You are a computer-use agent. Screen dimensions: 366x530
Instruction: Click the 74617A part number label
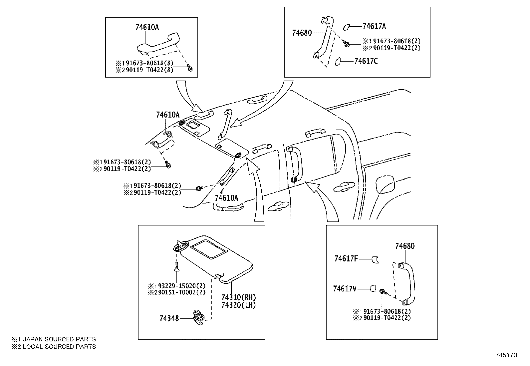coord(374,26)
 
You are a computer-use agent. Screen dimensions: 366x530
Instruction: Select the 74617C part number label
coord(366,61)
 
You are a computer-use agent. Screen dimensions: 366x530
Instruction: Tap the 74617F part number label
coord(346,258)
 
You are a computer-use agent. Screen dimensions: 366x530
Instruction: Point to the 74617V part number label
coord(345,289)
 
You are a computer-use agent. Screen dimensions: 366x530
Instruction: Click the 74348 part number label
coord(169,318)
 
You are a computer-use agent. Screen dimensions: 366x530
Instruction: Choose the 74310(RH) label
coord(238,297)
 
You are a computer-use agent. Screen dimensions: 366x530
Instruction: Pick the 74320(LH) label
coord(238,305)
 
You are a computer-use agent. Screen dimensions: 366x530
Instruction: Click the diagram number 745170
coord(506,355)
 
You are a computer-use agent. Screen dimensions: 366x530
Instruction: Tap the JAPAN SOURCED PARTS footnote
coord(54,339)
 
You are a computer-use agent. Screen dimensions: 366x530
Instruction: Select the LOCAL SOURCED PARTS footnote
coord(54,347)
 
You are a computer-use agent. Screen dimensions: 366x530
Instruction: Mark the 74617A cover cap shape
coord(346,27)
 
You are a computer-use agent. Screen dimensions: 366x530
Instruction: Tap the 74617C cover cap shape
coord(338,61)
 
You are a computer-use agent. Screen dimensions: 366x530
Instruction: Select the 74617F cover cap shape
coord(375,259)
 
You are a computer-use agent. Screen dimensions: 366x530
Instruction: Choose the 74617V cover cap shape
coord(374,288)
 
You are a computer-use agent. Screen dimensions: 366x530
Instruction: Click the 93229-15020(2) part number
coord(181,286)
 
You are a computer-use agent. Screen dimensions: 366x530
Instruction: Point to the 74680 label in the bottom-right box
coord(405,246)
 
